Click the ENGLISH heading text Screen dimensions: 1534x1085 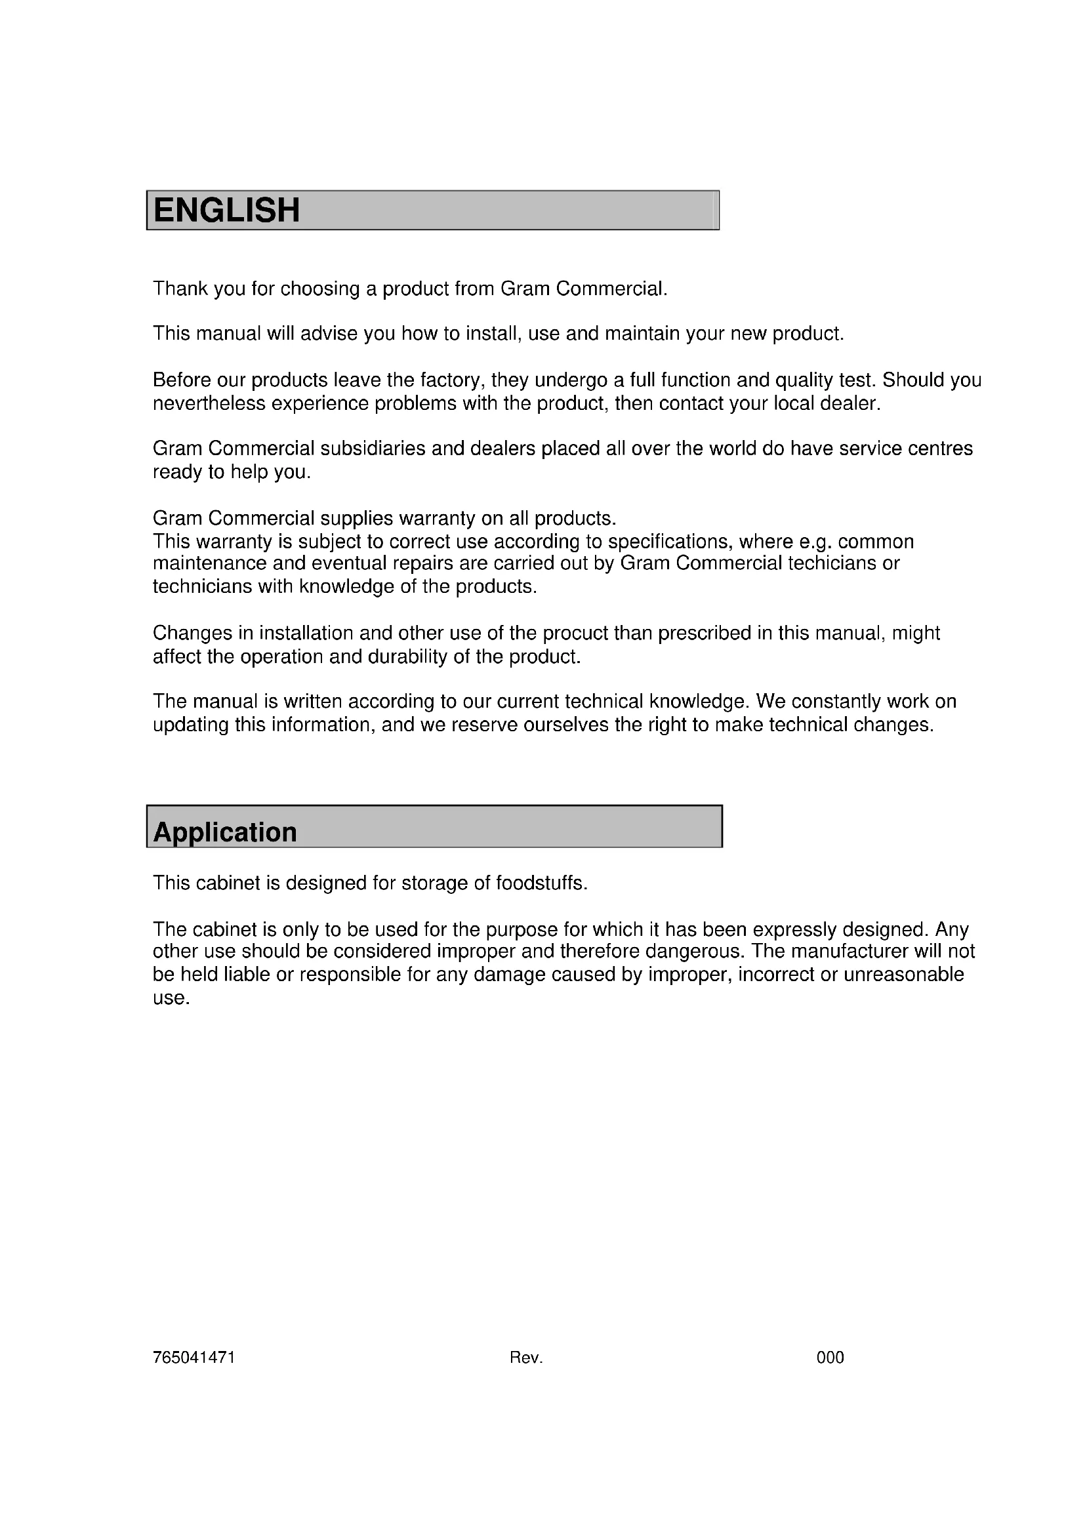[226, 210]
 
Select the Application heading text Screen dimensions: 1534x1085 [224, 832]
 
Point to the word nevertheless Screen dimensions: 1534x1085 [209, 403]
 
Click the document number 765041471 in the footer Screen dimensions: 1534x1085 [194, 1357]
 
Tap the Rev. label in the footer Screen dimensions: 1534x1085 [526, 1357]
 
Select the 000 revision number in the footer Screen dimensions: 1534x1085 [830, 1357]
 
